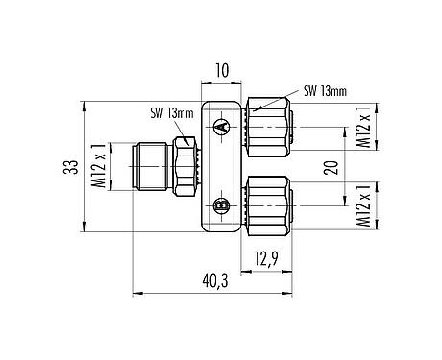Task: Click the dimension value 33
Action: coord(69,167)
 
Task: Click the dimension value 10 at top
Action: coord(221,71)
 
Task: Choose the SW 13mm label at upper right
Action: coord(325,91)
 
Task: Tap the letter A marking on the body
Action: coord(220,127)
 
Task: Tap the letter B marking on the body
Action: coord(220,204)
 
